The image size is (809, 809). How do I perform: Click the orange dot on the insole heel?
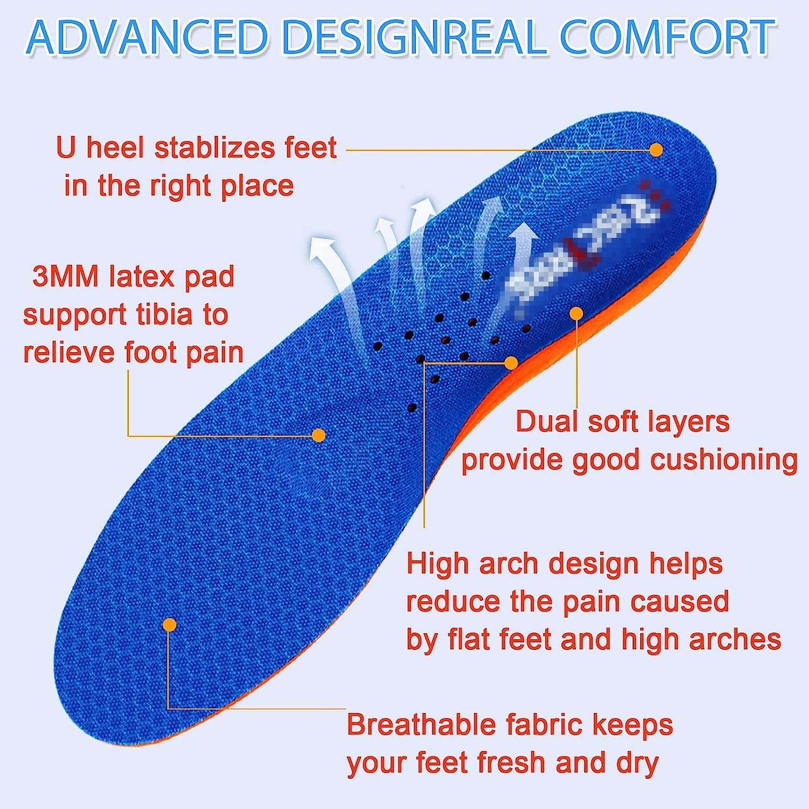pyautogui.click(x=656, y=150)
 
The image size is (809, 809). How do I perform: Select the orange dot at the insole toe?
pyautogui.click(x=169, y=625)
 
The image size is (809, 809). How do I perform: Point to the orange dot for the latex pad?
pyautogui.click(x=319, y=435)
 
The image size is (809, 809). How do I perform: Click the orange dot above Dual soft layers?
pyautogui.click(x=577, y=313)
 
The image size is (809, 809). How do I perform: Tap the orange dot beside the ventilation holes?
pyautogui.click(x=511, y=363)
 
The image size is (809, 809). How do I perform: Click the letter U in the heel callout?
pyautogui.click(x=66, y=147)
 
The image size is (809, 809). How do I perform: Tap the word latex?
pyautogui.click(x=141, y=277)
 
